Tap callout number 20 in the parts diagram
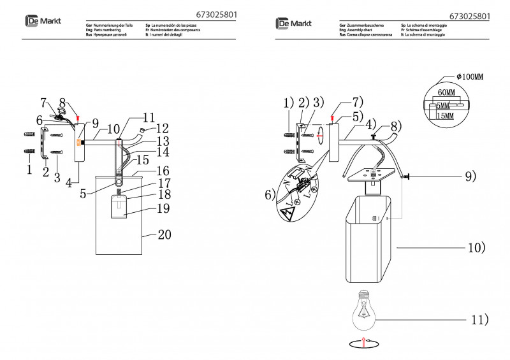pyautogui.click(x=164, y=235)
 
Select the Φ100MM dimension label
pyautogui.click(x=470, y=76)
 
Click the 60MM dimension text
pyautogui.click(x=446, y=92)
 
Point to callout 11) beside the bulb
pyautogui.click(x=479, y=319)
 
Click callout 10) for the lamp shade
pyautogui.click(x=476, y=247)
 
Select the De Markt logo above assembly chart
pyautogui.click(x=294, y=24)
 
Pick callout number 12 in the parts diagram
pyautogui.click(x=162, y=127)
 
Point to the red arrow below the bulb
pyautogui.click(x=363, y=342)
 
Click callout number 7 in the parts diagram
pyautogui.click(x=43, y=102)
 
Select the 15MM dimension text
pyautogui.click(x=446, y=117)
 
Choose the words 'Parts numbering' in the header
pyautogui.click(x=107, y=30)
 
